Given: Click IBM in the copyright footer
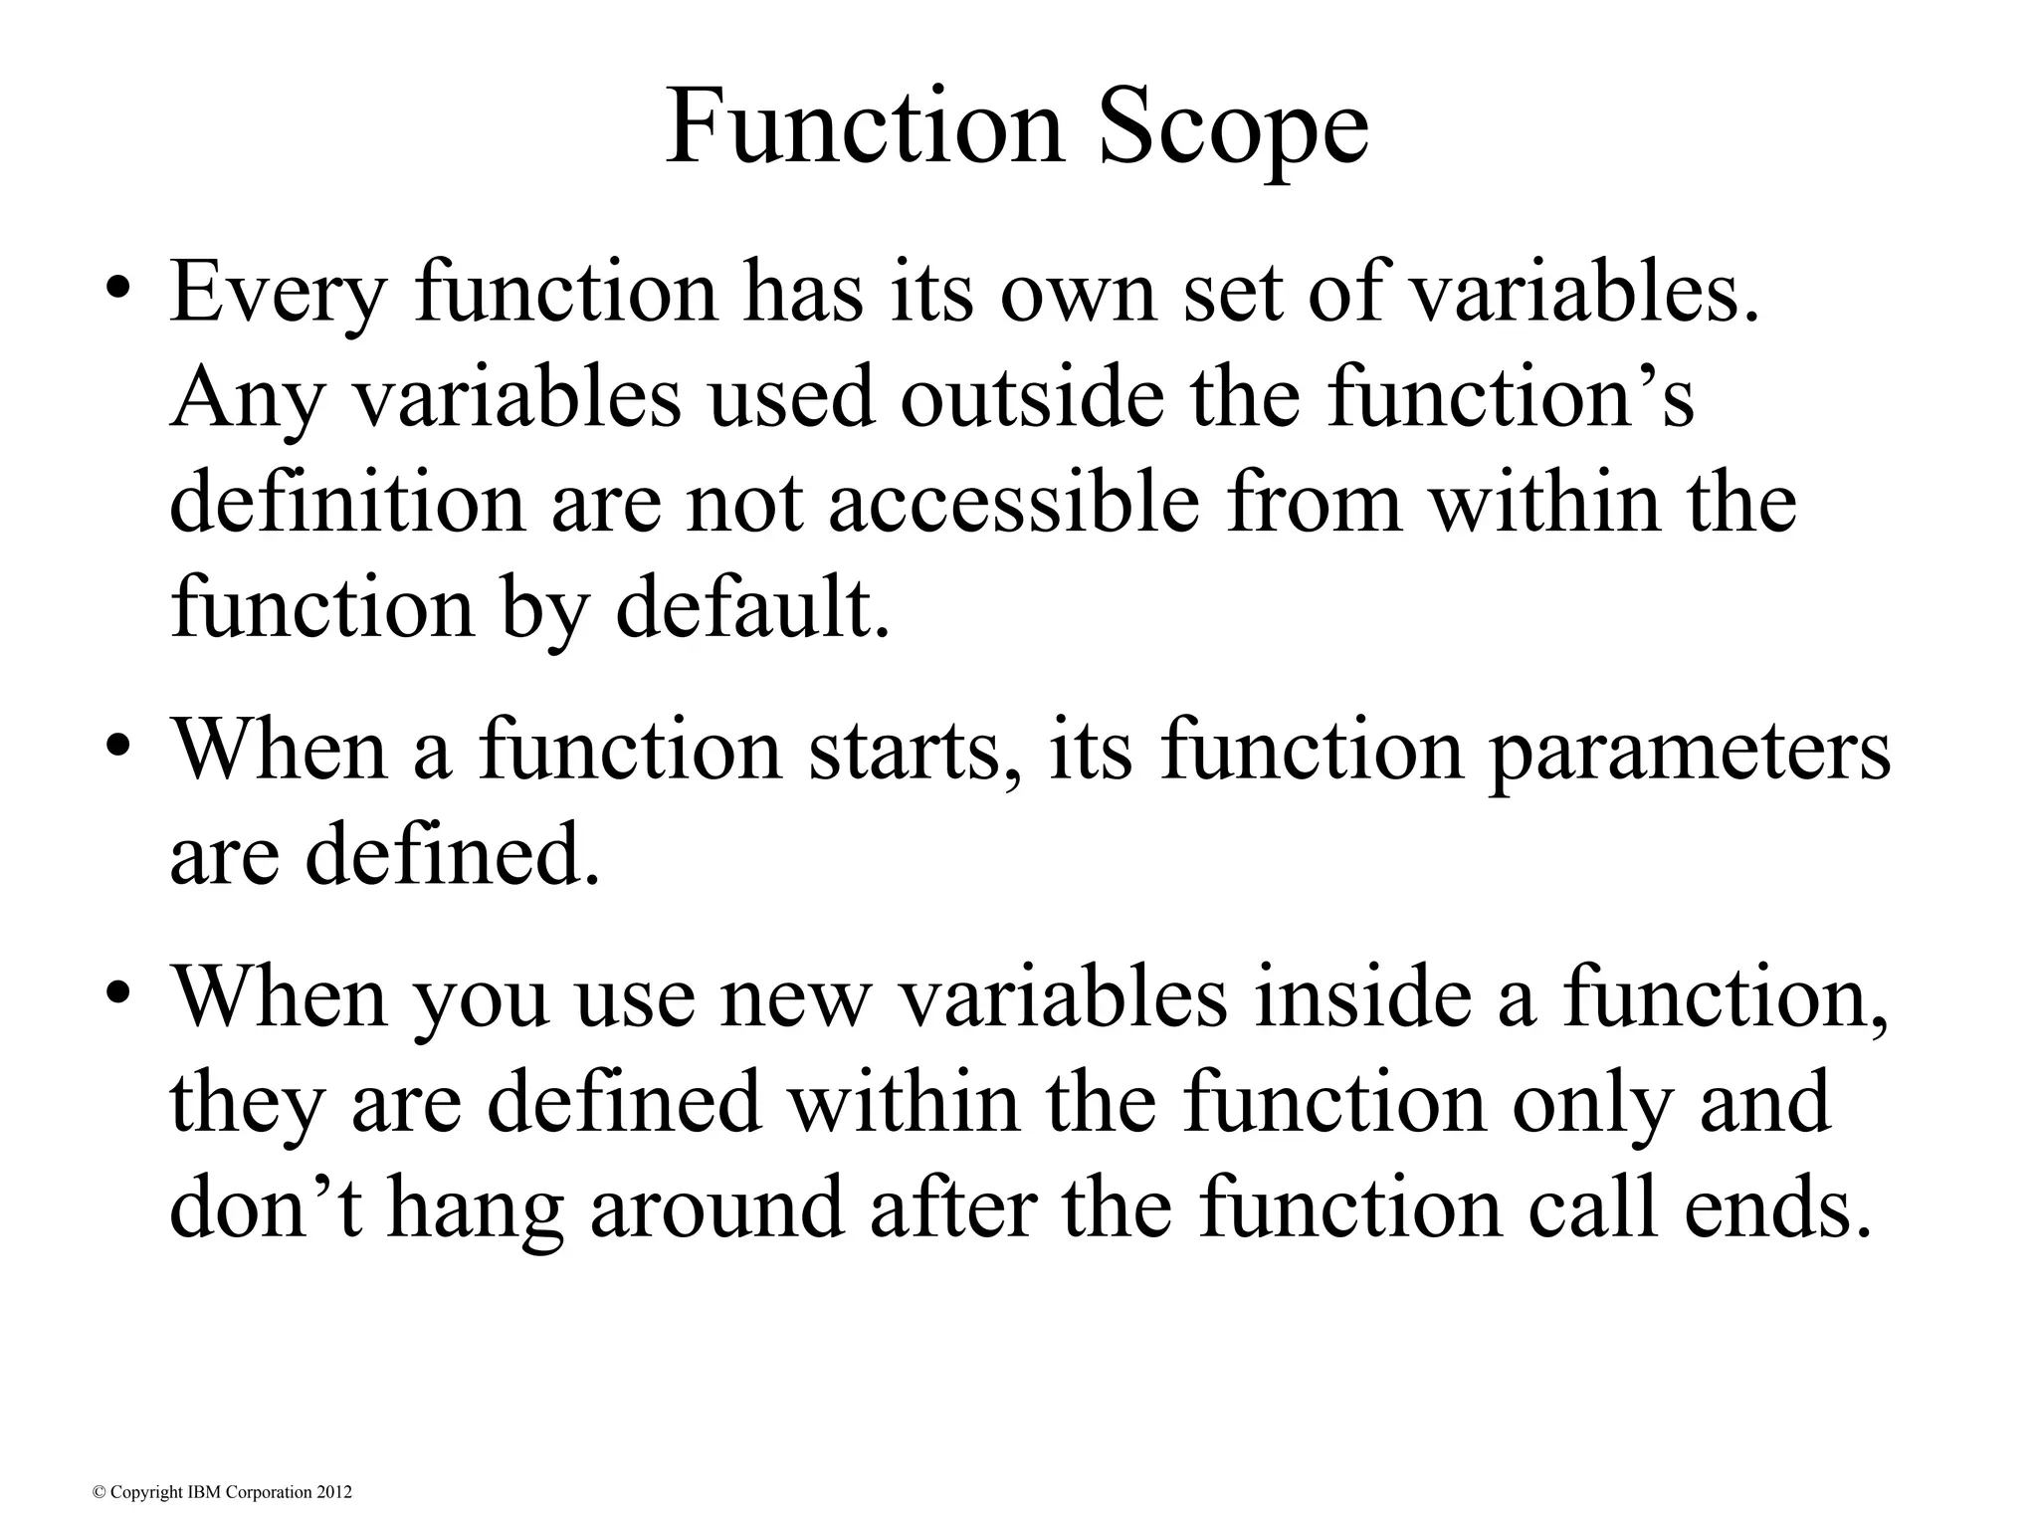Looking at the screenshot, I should (x=197, y=1492).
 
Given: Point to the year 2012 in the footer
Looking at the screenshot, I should (x=335, y=1492).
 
